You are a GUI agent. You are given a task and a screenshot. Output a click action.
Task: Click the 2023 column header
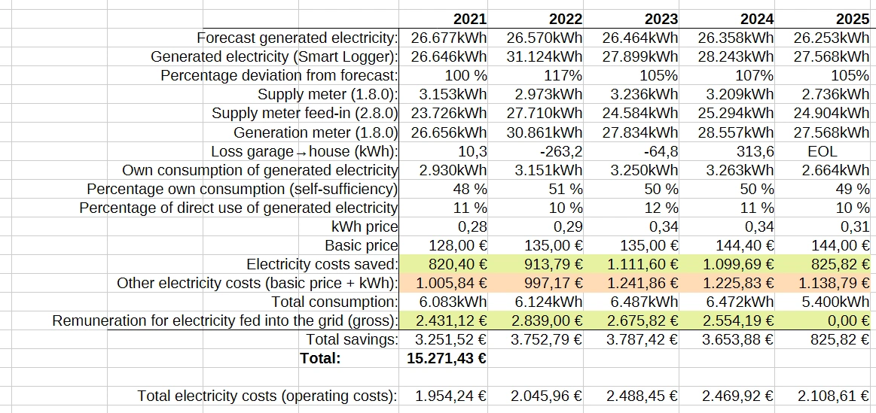661,19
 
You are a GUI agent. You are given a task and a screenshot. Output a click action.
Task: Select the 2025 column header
853,19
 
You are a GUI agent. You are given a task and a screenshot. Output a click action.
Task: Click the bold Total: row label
320,357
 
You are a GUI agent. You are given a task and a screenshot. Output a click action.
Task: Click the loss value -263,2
561,151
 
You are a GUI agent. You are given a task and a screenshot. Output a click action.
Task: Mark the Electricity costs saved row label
322,264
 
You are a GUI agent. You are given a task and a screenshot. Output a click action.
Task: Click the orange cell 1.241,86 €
640,283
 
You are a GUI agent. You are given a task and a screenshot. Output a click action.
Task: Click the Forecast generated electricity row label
297,38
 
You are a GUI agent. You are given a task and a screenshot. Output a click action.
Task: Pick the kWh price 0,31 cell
855,226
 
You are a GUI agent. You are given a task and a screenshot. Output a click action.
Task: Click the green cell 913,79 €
551,264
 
